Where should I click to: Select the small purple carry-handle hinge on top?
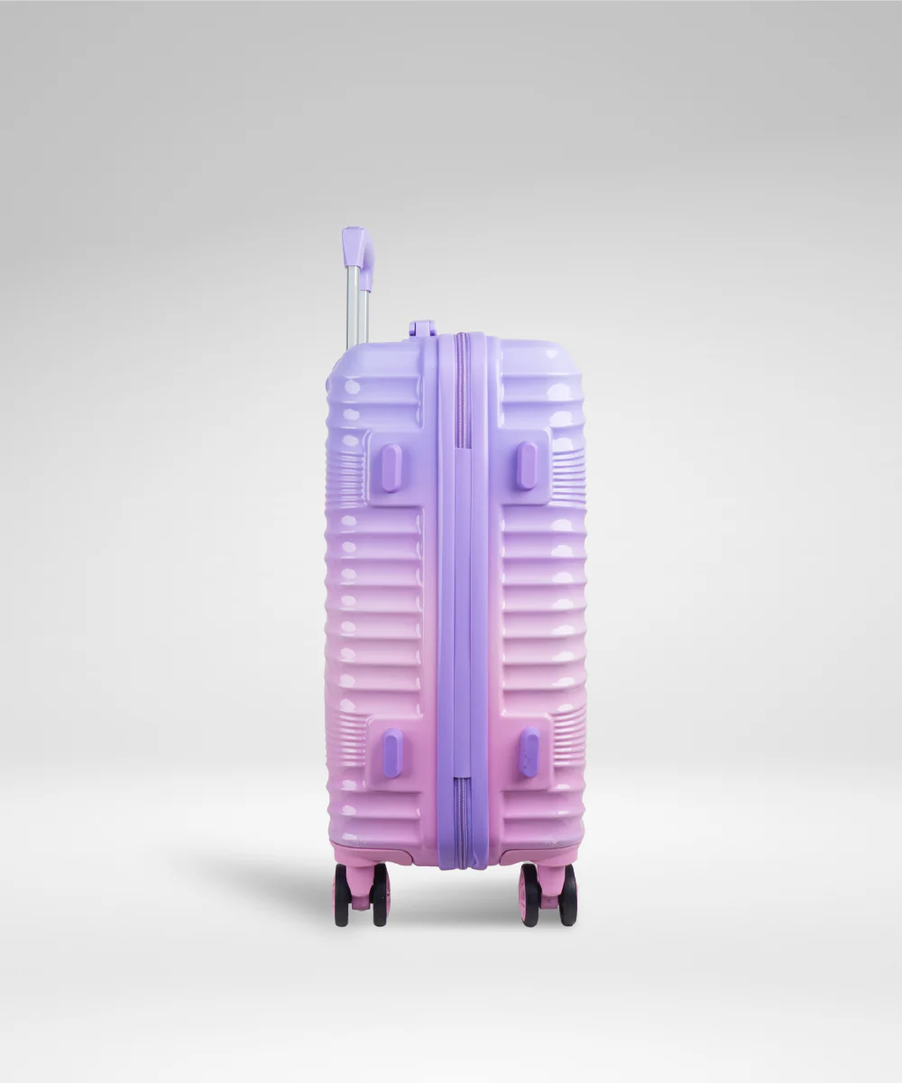tap(421, 329)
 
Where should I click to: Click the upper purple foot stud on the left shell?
tap(391, 467)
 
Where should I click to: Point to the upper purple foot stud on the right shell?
tap(527, 466)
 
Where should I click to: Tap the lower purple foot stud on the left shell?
tap(392, 752)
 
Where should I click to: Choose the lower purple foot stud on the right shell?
tap(529, 752)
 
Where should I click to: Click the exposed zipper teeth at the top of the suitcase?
tap(461, 388)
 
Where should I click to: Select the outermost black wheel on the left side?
tap(342, 894)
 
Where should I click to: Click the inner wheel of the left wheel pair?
tap(380, 894)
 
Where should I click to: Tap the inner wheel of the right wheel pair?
tap(529, 894)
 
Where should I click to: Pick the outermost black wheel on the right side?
tap(567, 894)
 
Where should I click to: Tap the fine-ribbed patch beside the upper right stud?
tap(568, 469)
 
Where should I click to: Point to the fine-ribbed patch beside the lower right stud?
tap(568, 736)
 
